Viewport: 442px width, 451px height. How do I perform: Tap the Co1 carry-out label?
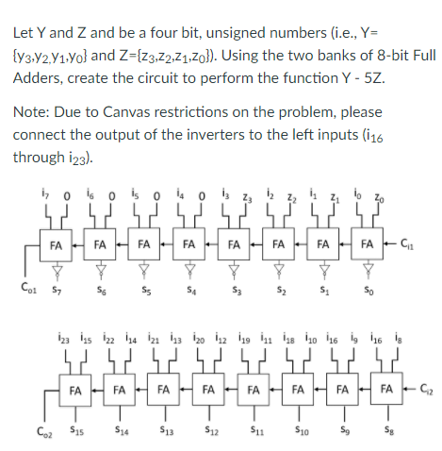(26, 281)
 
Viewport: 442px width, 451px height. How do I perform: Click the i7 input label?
(40, 197)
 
